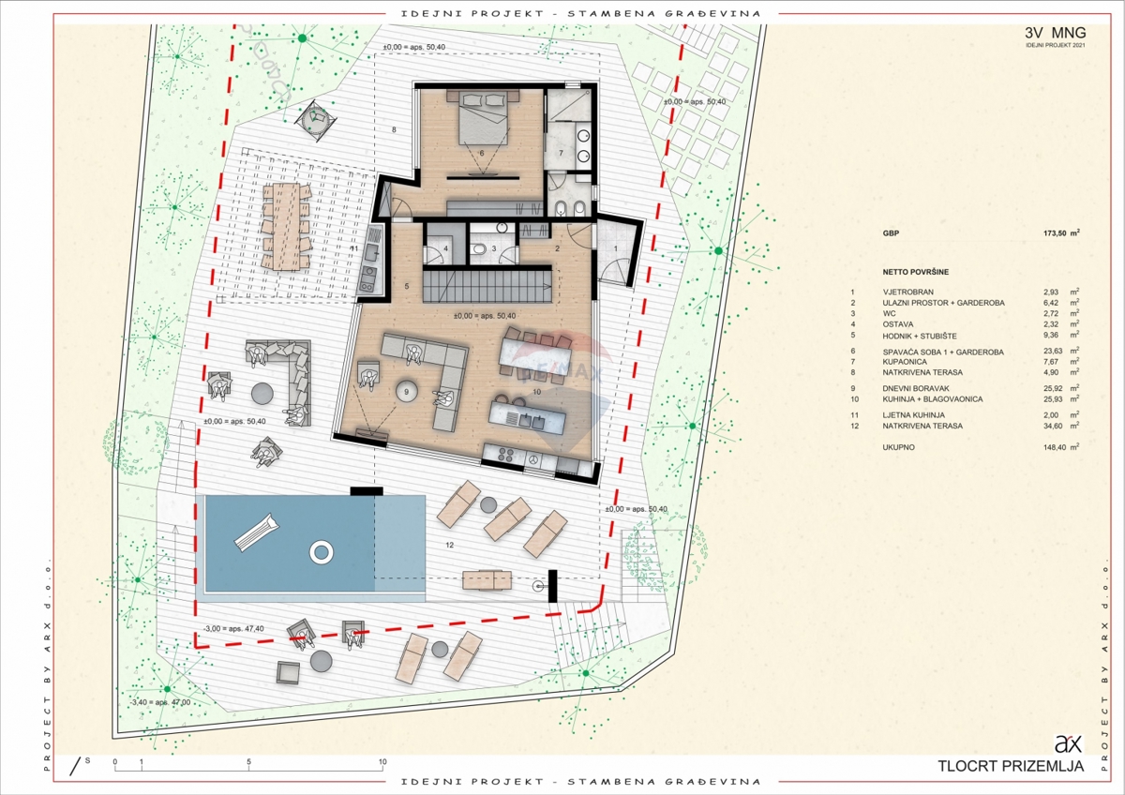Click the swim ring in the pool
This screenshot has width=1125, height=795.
click(321, 551)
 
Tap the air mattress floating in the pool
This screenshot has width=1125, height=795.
click(256, 531)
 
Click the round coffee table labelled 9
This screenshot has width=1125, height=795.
click(406, 391)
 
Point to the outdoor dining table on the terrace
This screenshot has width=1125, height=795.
click(286, 225)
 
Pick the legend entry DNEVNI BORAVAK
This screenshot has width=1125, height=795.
click(917, 387)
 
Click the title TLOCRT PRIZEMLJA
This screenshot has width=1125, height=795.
click(1011, 766)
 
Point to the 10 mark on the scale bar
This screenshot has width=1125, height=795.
click(382, 762)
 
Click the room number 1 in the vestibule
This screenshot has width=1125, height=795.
click(616, 247)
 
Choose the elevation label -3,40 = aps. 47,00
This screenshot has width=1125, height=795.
click(160, 701)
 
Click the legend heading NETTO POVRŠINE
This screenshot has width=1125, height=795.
click(915, 272)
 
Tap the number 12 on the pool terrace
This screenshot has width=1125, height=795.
click(450, 545)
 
